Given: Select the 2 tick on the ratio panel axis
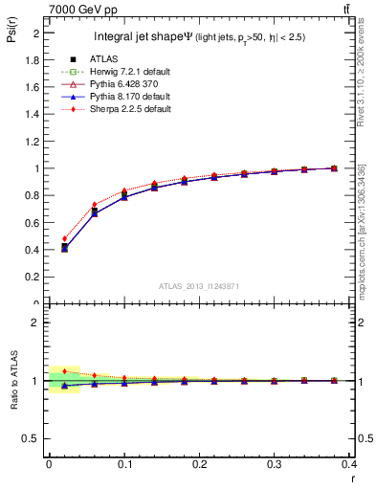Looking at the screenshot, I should pyautogui.click(x=37, y=323).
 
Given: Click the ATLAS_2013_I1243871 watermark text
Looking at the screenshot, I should pyautogui.click(x=198, y=286).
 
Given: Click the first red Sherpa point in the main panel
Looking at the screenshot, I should pyautogui.click(x=64, y=239).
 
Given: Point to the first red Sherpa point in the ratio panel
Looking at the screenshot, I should pyautogui.click(x=64, y=370).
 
